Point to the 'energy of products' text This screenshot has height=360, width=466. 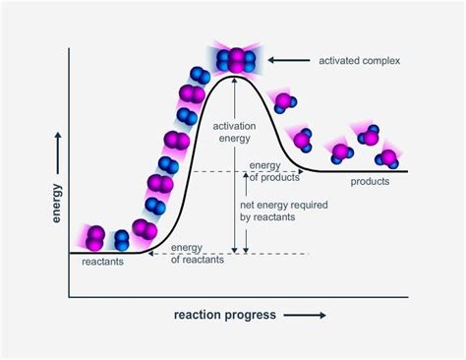275,170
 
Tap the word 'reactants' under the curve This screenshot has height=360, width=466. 102,263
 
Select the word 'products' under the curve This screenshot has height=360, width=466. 370,182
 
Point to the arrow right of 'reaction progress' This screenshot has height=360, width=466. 308,316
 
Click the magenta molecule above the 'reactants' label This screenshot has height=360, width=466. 94,237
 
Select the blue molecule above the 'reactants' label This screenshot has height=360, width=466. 121,239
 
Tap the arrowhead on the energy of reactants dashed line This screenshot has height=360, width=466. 148,254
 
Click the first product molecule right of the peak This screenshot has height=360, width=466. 282,101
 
